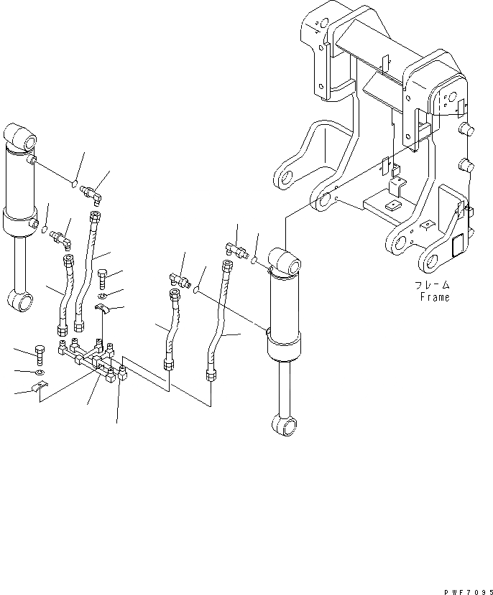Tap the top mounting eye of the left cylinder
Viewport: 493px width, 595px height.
pyautogui.click(x=20, y=133)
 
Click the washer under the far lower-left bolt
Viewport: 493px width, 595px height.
pyautogui.click(x=40, y=373)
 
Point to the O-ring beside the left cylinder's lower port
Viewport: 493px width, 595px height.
pyautogui.click(x=45, y=230)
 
